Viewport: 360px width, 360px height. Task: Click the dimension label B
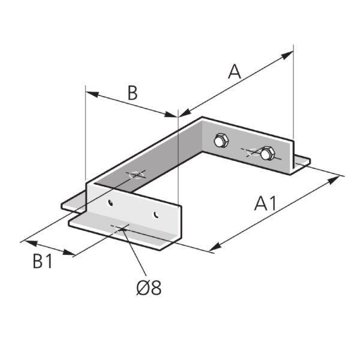click(x=133, y=93)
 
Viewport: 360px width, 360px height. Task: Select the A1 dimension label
click(x=265, y=204)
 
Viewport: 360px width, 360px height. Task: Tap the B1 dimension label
click(x=41, y=262)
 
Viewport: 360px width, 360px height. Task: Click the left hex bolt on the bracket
click(x=221, y=142)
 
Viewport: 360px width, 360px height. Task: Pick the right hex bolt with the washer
click(x=266, y=154)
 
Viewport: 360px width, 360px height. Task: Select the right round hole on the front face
click(x=157, y=213)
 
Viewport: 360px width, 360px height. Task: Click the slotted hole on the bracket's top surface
click(x=136, y=175)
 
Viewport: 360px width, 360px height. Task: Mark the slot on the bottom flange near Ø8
click(x=120, y=227)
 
